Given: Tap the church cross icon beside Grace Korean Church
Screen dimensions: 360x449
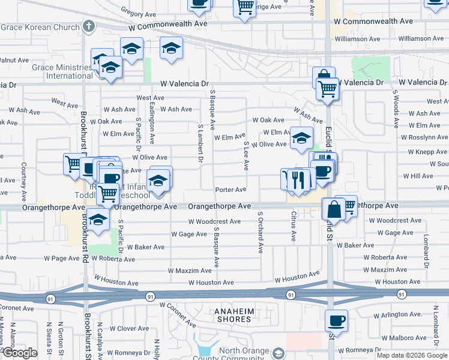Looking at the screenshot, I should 88,26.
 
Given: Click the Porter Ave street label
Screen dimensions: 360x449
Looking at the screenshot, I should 231,190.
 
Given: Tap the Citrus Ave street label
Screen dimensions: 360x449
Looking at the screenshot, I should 294,226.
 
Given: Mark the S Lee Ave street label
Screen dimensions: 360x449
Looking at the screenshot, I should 246,156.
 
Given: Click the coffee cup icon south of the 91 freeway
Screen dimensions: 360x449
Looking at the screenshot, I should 336,320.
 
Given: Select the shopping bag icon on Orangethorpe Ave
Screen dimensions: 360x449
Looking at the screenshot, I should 333,209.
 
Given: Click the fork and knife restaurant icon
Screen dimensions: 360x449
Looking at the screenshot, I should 298,179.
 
